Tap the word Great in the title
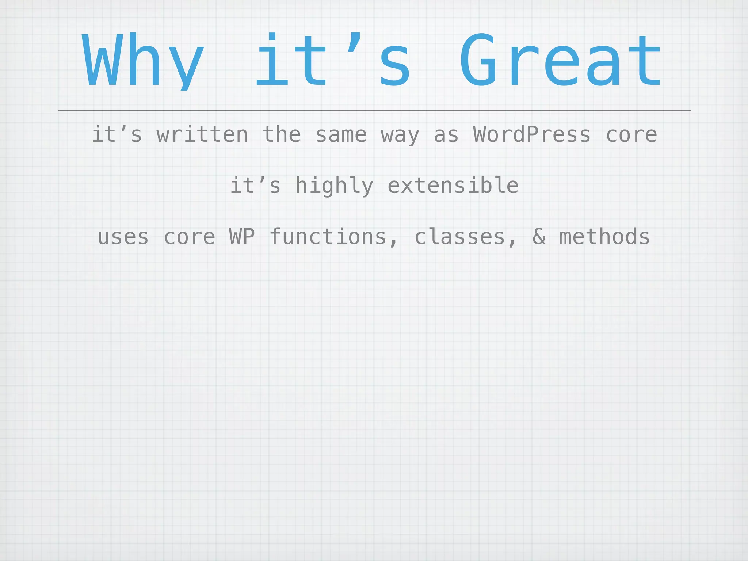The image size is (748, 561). coord(560,60)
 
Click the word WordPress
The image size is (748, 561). coord(532,134)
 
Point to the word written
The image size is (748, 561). coord(202,134)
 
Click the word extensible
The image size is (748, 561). coord(453,186)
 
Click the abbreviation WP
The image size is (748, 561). coord(242,237)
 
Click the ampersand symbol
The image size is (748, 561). coord(539,237)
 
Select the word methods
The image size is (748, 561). coord(604,237)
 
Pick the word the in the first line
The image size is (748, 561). coord(282,134)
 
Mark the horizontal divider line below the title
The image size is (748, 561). coord(374,110)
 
